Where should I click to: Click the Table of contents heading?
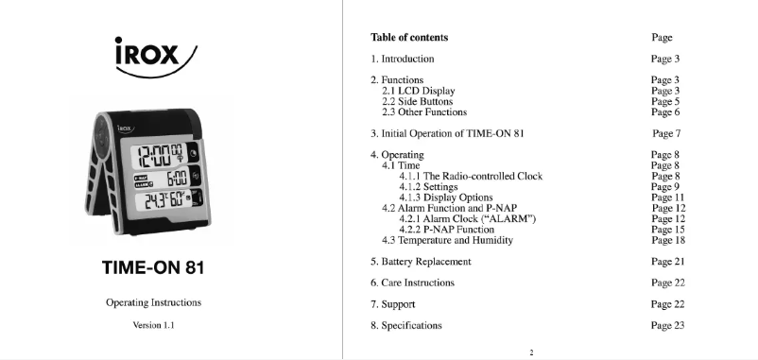tap(409, 38)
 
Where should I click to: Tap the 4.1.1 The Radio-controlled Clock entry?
tap(471, 176)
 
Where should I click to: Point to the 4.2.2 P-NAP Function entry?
tap(446, 230)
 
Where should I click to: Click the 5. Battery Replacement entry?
tap(420, 261)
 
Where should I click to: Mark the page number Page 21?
tap(667, 261)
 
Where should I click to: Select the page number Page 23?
tap(667, 326)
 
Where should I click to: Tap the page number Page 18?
tap(667, 240)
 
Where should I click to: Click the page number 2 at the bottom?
tap(531, 352)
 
